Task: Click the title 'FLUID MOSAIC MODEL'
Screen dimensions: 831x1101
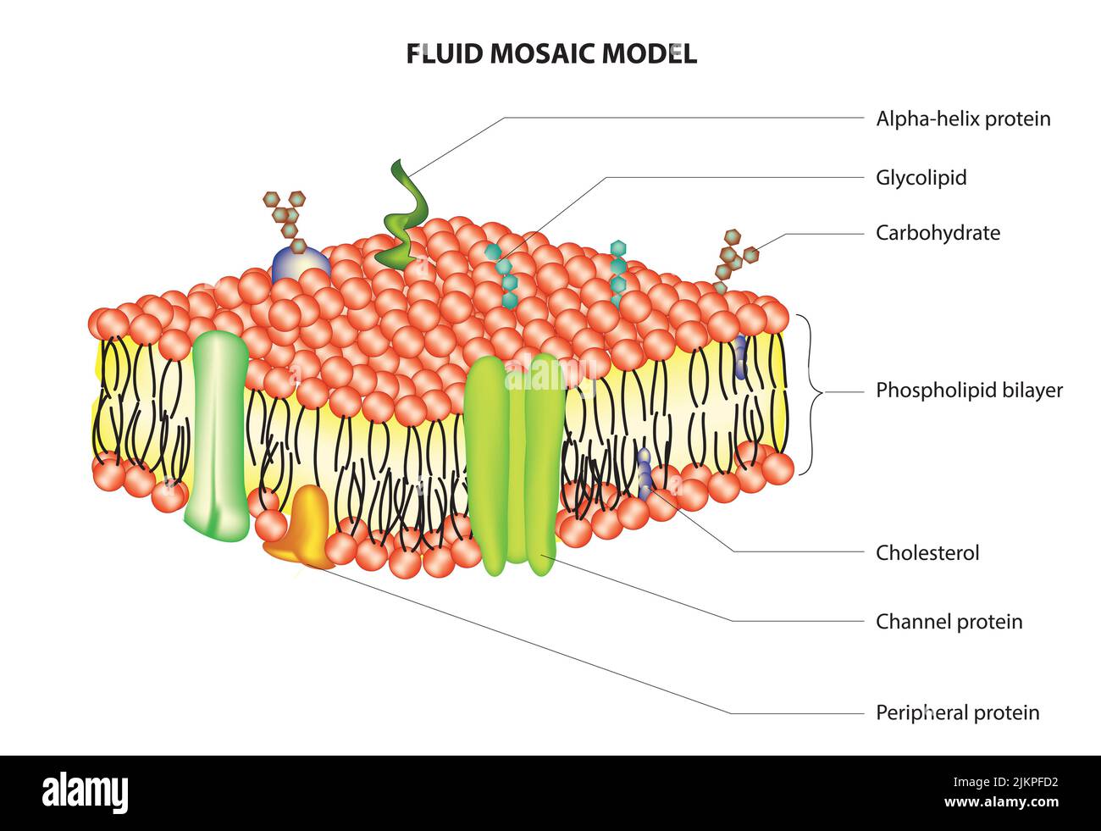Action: pos(550,53)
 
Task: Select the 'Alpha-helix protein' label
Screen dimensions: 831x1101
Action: pos(963,119)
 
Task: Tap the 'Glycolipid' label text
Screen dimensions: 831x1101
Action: pos(921,178)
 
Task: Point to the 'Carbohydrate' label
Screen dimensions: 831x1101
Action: pos(938,233)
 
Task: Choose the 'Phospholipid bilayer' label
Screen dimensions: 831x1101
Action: pos(969,391)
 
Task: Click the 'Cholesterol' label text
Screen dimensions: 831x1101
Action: pos(927,553)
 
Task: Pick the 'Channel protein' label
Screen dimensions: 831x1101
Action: pos(949,622)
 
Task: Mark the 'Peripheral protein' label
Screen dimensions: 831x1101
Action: pos(957,712)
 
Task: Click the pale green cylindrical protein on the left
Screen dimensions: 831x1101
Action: pos(219,432)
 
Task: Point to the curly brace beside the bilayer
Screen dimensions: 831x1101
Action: pos(815,392)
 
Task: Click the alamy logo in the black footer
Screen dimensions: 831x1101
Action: pos(86,793)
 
